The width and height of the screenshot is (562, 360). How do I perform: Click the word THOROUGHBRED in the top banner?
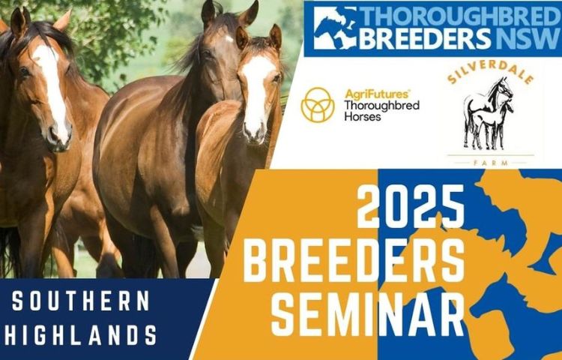tap(461, 16)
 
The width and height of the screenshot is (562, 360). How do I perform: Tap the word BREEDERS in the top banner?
tap(425, 39)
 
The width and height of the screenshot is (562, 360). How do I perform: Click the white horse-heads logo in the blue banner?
tap(335, 28)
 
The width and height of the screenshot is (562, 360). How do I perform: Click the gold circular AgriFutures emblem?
tap(318, 105)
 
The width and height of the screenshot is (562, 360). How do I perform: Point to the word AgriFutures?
tap(376, 94)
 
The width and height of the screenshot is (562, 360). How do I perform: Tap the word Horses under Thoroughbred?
tap(363, 116)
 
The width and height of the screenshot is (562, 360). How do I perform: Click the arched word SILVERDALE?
tap(491, 72)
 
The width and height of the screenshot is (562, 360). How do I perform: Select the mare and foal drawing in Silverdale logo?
tap(489, 113)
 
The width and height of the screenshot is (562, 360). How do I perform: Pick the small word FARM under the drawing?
tap(491, 163)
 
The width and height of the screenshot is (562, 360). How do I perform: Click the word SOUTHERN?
tap(81, 301)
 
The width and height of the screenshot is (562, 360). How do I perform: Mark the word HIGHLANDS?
tap(81, 335)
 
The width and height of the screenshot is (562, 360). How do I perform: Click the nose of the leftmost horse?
tap(59, 136)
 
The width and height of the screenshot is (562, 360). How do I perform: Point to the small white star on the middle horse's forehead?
tap(229, 38)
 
